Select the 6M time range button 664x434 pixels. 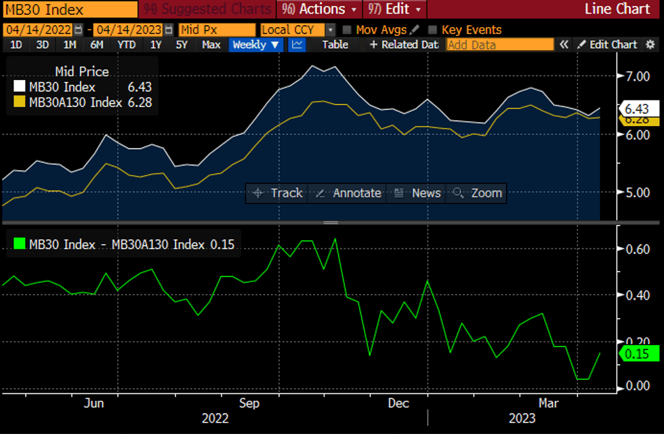click(97, 45)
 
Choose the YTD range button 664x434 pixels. click(126, 45)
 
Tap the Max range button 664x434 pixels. click(211, 45)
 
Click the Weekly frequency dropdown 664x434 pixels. click(257, 45)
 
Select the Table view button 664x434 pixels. click(335, 45)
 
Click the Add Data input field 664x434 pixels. click(500, 45)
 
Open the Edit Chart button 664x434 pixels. click(607, 45)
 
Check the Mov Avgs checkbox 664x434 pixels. click(347, 30)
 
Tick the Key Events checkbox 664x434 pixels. click(433, 30)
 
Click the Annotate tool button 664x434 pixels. click(349, 193)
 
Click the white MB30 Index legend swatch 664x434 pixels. click(19, 87)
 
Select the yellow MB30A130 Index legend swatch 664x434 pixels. click(19, 102)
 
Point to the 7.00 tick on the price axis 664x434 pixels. click(638, 76)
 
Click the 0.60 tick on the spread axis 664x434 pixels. click(638, 250)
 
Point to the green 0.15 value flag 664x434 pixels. click(637, 354)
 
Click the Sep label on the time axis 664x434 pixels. click(249, 403)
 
